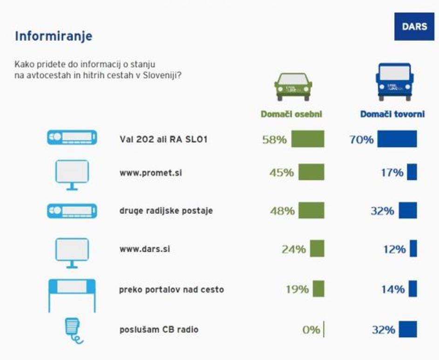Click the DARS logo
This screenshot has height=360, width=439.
pos(414,26)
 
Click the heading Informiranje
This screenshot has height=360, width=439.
pos(54,36)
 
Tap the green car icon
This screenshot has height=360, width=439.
pos(293,87)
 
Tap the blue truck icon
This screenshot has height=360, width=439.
pos(394,82)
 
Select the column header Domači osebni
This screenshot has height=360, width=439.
pos(291,114)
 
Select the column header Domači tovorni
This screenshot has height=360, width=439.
pos(392,114)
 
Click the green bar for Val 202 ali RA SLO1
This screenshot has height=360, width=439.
pos(308,139)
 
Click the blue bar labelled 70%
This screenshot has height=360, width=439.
pos(397,139)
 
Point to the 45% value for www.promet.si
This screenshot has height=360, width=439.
pos(281,172)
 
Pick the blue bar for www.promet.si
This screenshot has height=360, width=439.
pos(412,172)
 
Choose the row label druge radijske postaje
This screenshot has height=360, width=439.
pos(166,211)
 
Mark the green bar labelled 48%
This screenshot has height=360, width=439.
pos(311,211)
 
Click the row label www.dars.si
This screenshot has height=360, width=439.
pos(145,249)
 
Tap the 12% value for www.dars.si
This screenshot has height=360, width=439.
pos(394,249)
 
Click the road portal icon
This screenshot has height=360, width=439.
pos(72,294)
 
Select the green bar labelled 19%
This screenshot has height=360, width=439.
pos(318,289)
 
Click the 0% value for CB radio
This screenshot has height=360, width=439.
pos(311,330)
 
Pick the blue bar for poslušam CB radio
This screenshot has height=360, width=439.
pos(408,329)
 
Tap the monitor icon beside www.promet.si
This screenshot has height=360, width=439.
pos(72,174)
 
